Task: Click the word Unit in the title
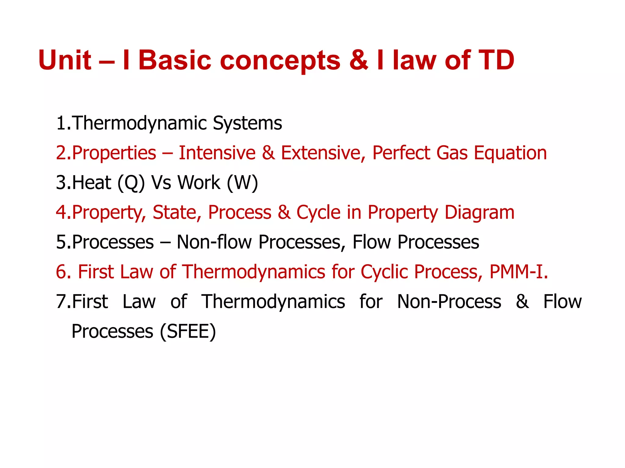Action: click(65, 60)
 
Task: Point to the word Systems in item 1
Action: click(247, 123)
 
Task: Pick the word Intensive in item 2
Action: click(217, 153)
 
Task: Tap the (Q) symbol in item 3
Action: click(131, 183)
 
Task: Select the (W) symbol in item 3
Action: click(242, 183)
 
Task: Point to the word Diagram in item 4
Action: click(479, 212)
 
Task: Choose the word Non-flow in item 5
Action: click(214, 242)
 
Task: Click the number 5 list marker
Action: click(63, 242)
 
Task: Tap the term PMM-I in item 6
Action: click(517, 272)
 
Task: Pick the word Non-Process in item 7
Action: click(449, 302)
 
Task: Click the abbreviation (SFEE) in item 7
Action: click(188, 331)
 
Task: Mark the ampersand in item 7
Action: click(522, 302)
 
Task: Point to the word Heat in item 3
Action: click(92, 183)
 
